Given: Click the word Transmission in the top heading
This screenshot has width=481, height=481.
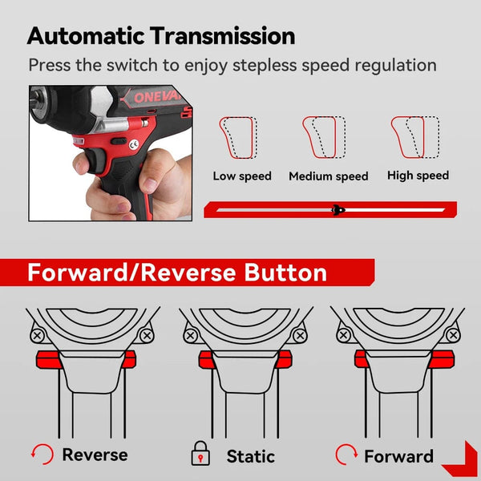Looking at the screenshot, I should tap(228, 36).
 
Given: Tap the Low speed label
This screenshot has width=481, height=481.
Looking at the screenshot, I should tap(242, 176).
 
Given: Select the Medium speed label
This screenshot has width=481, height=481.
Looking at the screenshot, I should tap(329, 176).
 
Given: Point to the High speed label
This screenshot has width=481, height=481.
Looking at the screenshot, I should tap(418, 175).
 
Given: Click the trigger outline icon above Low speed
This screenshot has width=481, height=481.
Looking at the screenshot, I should tap(239, 139).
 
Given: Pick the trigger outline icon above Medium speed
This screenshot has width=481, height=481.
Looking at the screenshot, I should tap(324, 139).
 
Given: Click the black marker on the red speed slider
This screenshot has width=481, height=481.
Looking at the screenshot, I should tap(338, 210).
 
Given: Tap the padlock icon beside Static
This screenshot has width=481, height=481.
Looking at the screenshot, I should tap(200, 455).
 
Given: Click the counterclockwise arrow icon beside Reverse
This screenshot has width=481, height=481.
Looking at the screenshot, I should tap(42, 455).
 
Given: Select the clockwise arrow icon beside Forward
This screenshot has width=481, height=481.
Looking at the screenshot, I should tap(346, 455).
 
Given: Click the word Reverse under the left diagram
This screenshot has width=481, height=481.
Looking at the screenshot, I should tap(95, 455).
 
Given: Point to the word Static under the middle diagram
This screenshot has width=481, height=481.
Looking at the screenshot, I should tap(250, 455).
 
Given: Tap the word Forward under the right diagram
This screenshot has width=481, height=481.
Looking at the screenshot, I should tap(398, 456).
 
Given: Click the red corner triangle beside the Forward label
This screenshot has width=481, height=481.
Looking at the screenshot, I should tap(459, 458).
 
